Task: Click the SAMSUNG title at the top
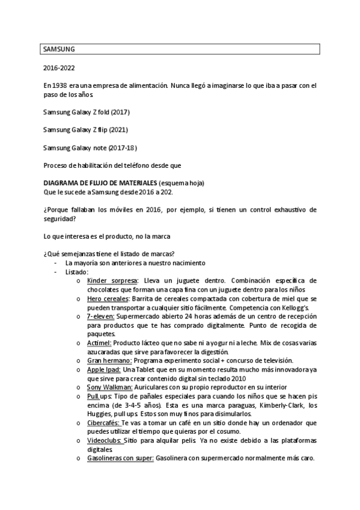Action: (x=59, y=49)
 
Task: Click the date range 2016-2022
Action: (x=59, y=70)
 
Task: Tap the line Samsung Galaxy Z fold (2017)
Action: (x=87, y=112)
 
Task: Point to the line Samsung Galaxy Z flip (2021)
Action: (x=85, y=129)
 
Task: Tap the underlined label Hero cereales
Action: (x=108, y=298)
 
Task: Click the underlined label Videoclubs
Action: (x=104, y=441)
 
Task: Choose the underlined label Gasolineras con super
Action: (x=120, y=458)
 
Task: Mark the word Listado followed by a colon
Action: (x=78, y=272)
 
